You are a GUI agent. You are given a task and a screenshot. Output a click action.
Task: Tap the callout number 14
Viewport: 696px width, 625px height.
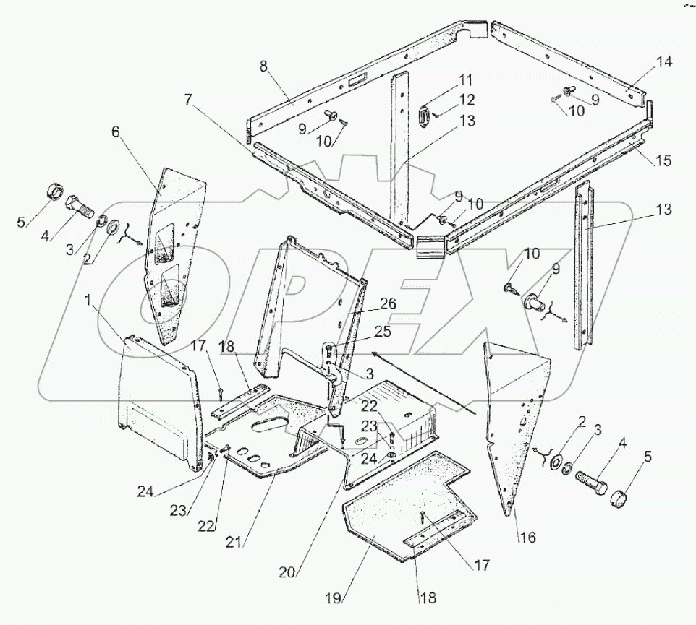[x=664, y=63]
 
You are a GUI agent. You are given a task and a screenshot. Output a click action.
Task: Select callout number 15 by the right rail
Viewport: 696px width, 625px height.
[x=663, y=160]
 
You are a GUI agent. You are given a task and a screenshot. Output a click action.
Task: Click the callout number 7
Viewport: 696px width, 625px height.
[x=188, y=99]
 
